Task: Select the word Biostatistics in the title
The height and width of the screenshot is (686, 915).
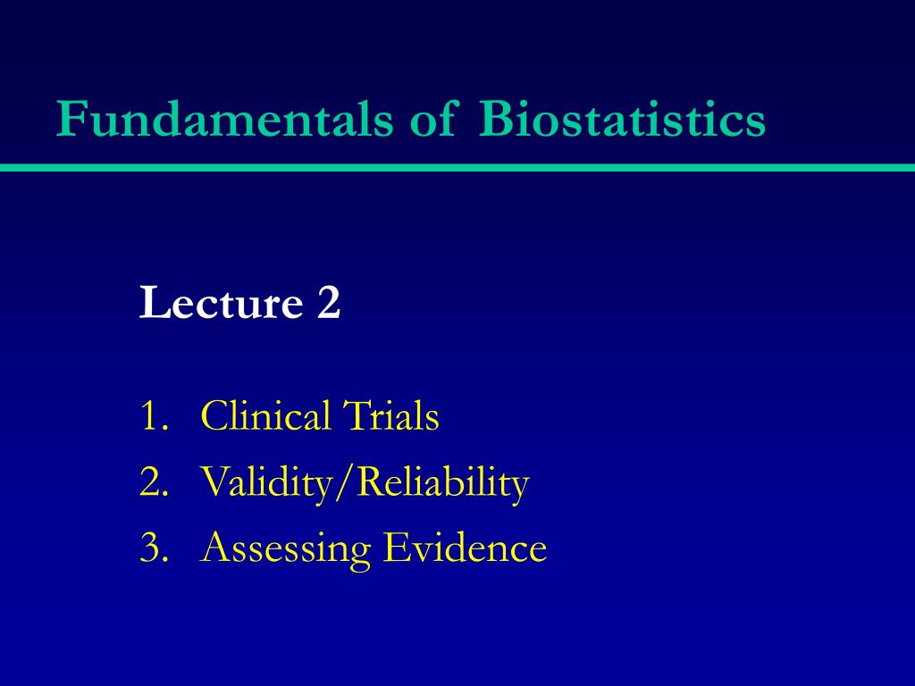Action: [622, 120]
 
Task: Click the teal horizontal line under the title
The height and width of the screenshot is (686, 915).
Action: [457, 167]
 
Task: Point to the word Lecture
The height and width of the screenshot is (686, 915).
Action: [221, 304]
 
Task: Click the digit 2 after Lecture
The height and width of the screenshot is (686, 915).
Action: [328, 304]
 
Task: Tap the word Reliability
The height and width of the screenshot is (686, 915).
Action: [444, 483]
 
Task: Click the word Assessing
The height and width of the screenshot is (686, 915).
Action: [285, 548]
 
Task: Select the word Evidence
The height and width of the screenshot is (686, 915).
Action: [465, 548]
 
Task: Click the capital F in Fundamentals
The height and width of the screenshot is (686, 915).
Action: [68, 120]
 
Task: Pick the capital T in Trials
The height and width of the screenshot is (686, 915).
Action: [353, 417]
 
